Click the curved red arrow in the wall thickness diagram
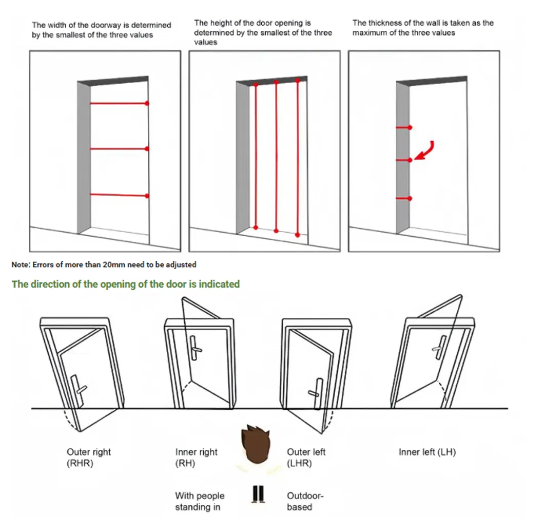coord(427,152)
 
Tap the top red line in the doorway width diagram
coord(120,104)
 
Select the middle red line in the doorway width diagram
coord(120,148)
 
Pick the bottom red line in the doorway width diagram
coord(120,195)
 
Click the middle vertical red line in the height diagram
coord(276,157)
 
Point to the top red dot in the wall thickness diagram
coord(410,128)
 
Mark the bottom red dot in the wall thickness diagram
coord(410,198)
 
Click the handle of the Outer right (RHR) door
coord(79,390)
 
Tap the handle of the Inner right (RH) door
coord(195,348)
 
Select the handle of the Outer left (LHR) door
coord(317,393)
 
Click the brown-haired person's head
coord(256,445)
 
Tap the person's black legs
coord(258,494)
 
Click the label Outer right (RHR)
coord(88,458)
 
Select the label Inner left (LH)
coord(427,452)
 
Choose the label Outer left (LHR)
coord(306,458)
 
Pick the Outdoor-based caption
coord(305,501)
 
